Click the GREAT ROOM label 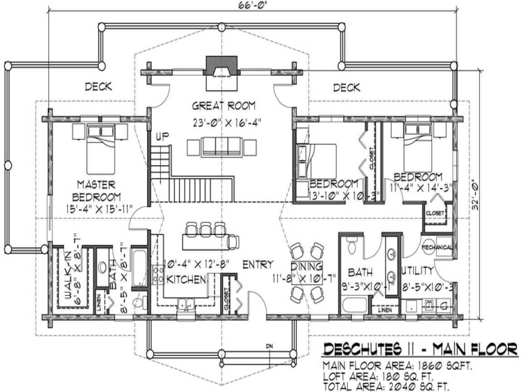[x=223, y=106]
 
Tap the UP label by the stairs [x=163, y=137]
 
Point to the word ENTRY [x=257, y=265]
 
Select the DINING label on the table [x=307, y=266]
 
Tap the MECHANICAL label [x=437, y=247]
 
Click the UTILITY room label [x=417, y=271]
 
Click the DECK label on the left [x=99, y=87]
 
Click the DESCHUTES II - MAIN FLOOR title [x=419, y=350]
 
